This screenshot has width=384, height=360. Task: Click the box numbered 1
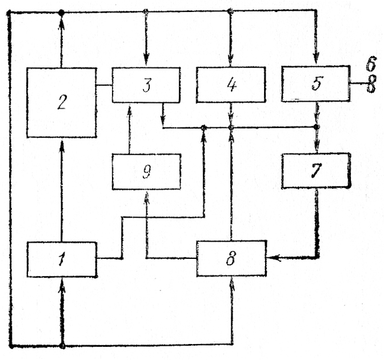pyautogui.click(x=61, y=259)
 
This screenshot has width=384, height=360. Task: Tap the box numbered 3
pyautogui.click(x=146, y=85)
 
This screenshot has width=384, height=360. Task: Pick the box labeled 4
pyautogui.click(x=230, y=85)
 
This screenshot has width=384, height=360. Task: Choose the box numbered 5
pyautogui.click(x=316, y=84)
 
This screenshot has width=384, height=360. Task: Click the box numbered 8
pyautogui.click(x=231, y=259)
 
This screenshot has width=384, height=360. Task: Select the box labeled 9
pyautogui.click(x=146, y=172)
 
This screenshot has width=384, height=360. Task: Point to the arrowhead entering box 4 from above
pyautogui.click(x=230, y=62)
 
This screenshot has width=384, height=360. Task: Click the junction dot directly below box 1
pyautogui.click(x=62, y=346)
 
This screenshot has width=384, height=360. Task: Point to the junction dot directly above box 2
pyautogui.click(x=61, y=12)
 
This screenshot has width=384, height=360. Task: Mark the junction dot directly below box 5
pyautogui.click(x=316, y=126)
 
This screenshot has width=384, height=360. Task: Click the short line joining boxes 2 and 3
pyautogui.click(x=103, y=86)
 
